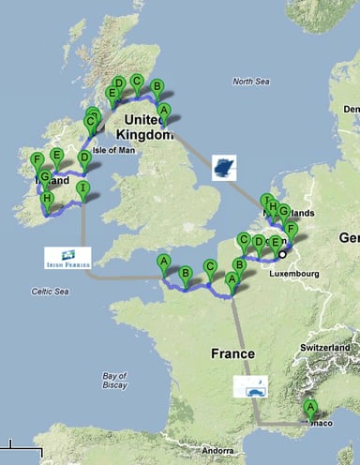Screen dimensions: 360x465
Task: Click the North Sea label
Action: (250, 82)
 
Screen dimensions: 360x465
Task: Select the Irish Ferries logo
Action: (67, 258)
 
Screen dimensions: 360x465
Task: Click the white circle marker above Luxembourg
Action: (283, 253)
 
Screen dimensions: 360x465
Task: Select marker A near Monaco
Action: (310, 408)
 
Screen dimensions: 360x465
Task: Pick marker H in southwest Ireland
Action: (46, 200)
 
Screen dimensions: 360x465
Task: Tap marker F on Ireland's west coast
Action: (37, 161)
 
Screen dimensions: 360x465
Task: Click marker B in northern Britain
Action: (157, 89)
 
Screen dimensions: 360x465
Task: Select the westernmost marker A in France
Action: (164, 262)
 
